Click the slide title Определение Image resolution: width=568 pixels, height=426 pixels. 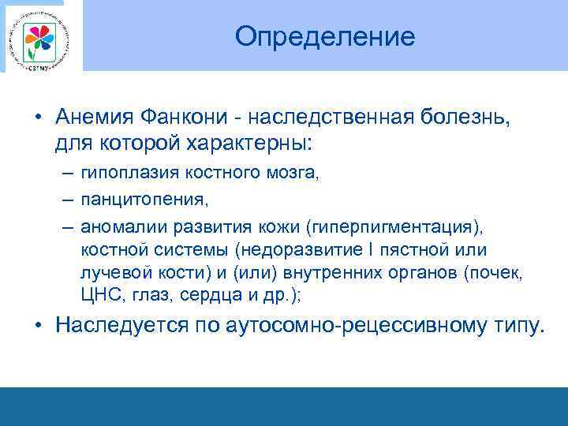[x=324, y=37]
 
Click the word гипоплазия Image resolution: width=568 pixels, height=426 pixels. [x=127, y=173]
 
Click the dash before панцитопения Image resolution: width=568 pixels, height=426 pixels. [x=66, y=200]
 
